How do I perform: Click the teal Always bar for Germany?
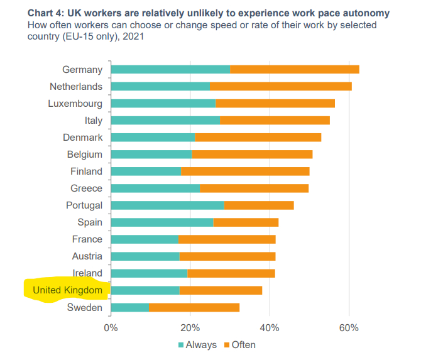point(170,69)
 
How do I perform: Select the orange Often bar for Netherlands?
point(280,86)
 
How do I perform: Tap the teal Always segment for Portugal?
point(167,205)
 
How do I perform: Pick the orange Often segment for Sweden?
point(194,307)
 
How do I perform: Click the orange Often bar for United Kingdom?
point(221,290)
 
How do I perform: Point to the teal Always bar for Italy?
point(165,120)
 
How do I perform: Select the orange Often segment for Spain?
point(246,222)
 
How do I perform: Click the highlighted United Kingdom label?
point(67,290)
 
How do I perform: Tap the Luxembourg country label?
point(75,103)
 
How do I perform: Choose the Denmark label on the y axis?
point(82,137)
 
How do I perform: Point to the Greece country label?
point(86,188)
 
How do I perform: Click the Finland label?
point(86,171)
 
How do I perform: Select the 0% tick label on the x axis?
point(111,327)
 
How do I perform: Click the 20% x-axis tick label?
point(190,327)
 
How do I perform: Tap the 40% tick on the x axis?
point(270,327)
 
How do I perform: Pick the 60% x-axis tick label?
point(349,327)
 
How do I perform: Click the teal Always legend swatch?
point(181,345)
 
